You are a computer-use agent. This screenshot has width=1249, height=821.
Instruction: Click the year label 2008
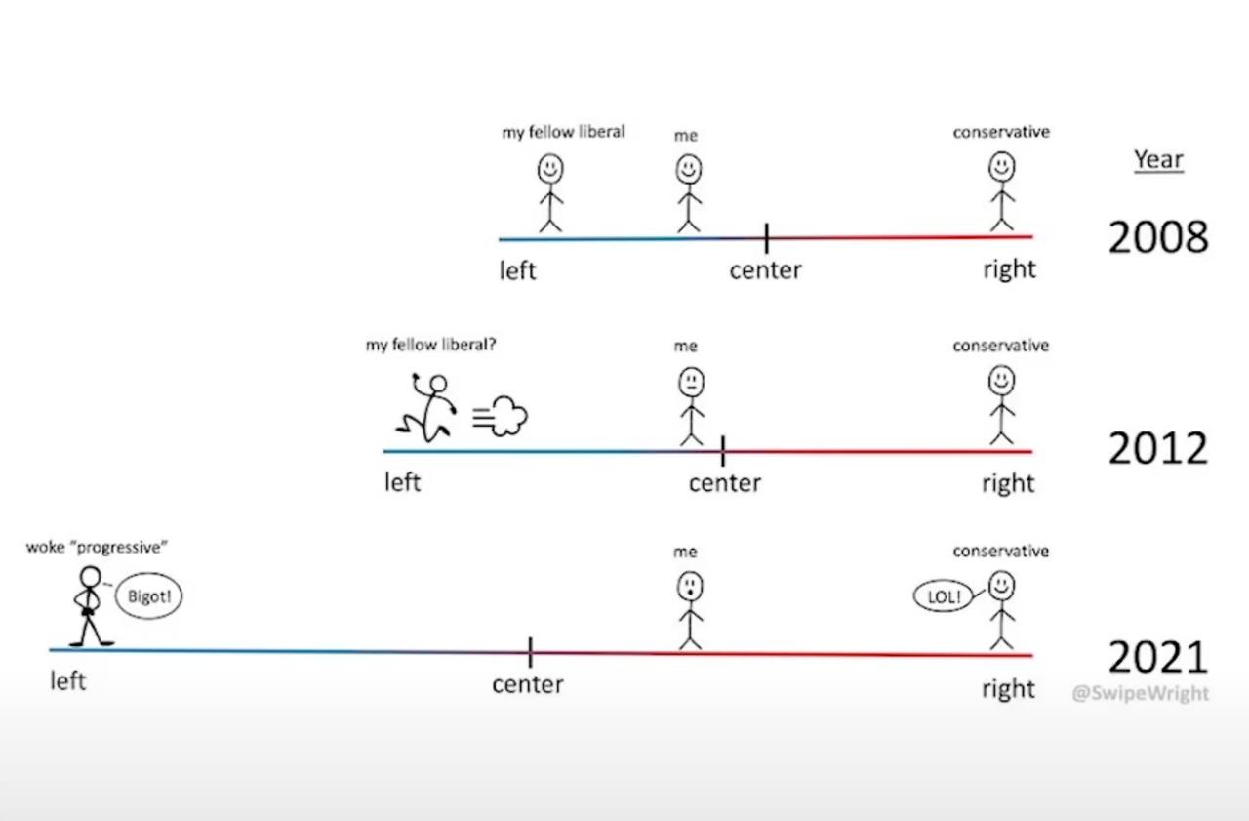(x=1157, y=237)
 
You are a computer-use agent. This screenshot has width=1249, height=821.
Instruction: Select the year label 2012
(x=1157, y=448)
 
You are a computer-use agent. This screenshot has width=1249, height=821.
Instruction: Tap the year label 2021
(x=1157, y=657)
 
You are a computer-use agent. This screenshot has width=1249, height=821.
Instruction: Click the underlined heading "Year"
(x=1158, y=160)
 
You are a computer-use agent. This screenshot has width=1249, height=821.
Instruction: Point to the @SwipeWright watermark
(x=1140, y=693)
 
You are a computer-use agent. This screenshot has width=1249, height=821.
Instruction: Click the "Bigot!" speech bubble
(x=149, y=596)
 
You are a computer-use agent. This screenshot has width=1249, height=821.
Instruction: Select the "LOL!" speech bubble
(x=944, y=596)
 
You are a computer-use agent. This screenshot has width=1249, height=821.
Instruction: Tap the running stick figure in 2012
(x=426, y=405)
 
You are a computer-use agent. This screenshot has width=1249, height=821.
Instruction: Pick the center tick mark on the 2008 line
(x=766, y=237)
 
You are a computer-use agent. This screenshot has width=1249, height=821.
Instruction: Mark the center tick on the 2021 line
(x=530, y=651)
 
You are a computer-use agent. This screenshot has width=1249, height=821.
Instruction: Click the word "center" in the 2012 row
(x=724, y=483)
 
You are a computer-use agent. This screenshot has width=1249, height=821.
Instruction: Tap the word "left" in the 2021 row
(x=68, y=680)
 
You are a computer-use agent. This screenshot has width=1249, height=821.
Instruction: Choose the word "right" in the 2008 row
(x=1009, y=269)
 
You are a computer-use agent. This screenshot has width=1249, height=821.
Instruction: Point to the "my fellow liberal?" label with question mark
(x=430, y=345)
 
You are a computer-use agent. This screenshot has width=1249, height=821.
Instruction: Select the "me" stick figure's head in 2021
(x=690, y=587)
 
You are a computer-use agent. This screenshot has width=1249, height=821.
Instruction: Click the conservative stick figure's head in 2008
(x=1001, y=167)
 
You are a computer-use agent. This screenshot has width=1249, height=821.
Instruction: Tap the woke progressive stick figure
(x=90, y=605)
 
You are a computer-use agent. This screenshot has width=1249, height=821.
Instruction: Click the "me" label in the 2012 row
(x=685, y=346)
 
